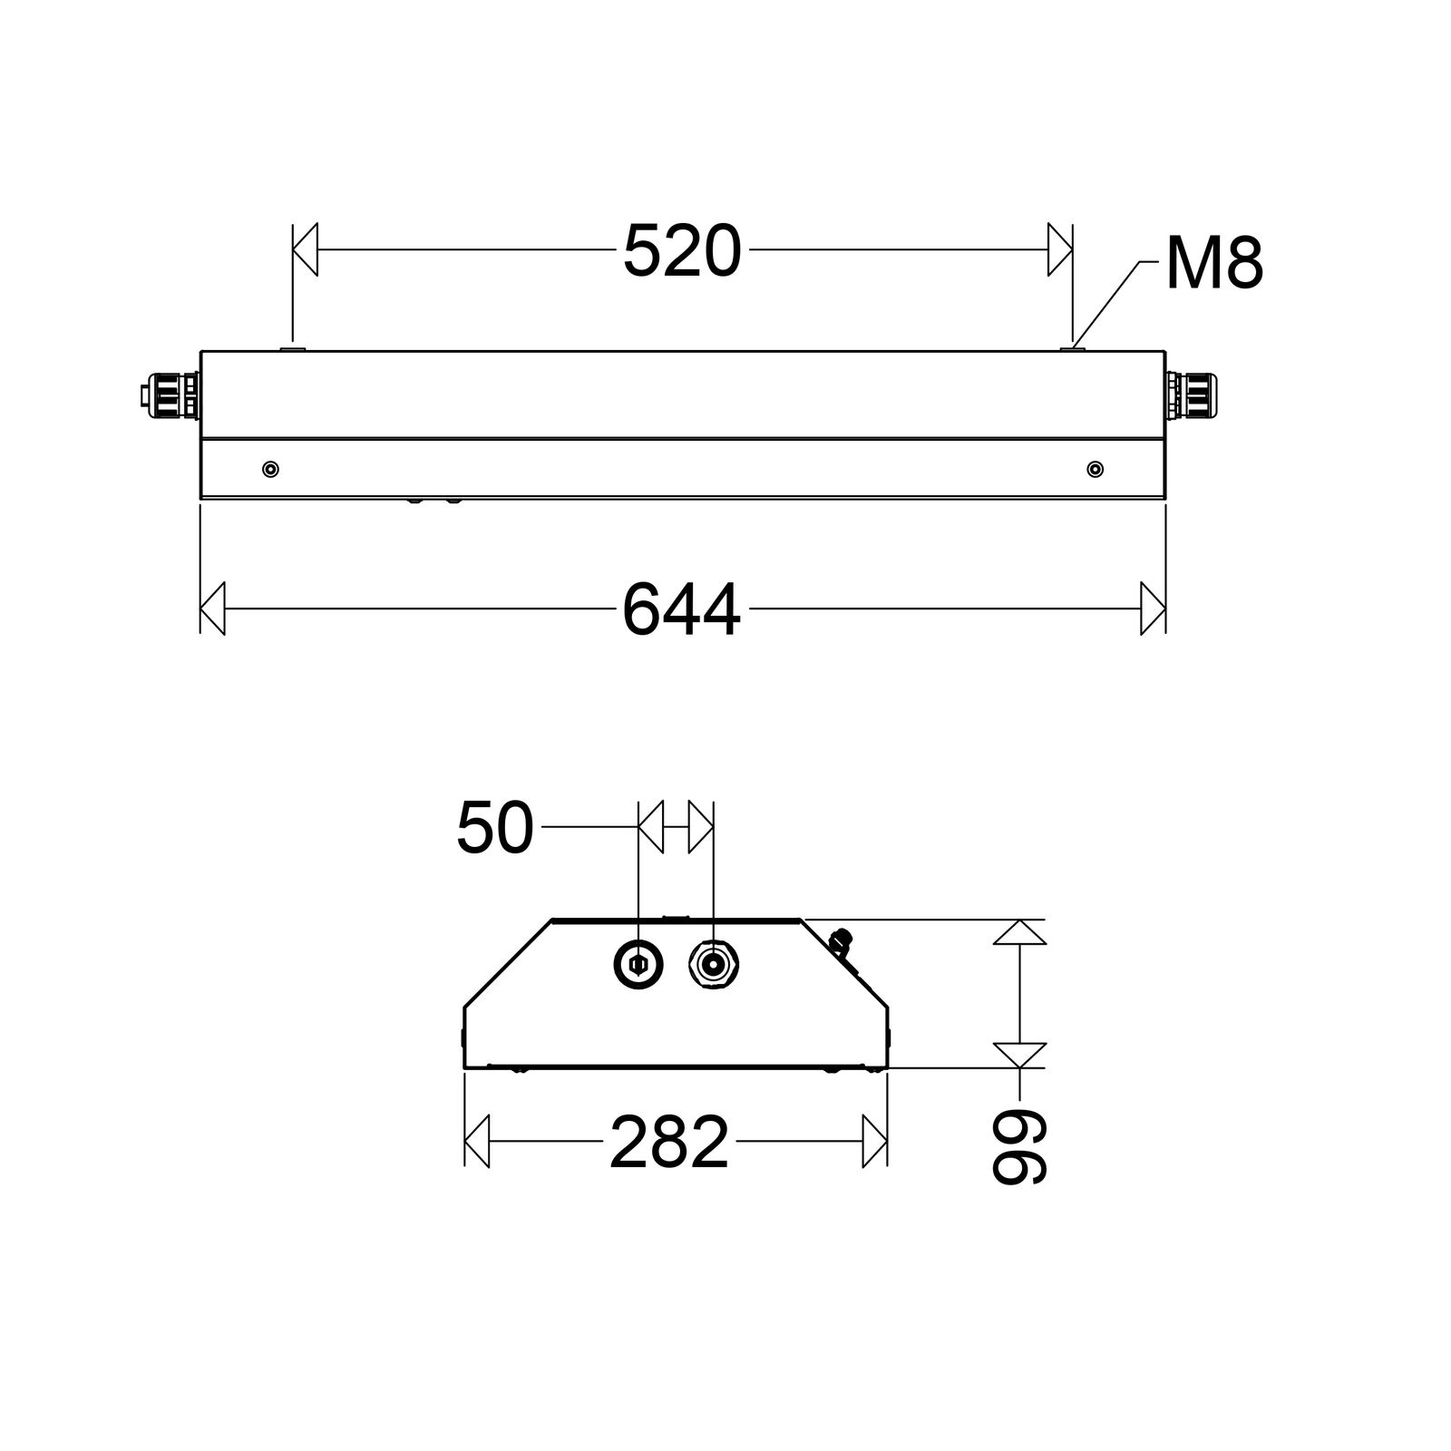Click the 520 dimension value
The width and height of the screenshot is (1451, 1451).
(682, 251)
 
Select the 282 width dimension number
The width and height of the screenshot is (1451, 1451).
(669, 1143)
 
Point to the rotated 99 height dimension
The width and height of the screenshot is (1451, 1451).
(1019, 1148)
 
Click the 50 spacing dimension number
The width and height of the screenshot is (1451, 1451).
(494, 828)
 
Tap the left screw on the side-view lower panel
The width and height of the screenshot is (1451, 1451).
(270, 469)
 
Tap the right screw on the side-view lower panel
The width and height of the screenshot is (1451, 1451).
(1096, 469)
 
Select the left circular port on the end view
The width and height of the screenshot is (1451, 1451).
(638, 964)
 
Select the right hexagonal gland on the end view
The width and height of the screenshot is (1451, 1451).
(714, 964)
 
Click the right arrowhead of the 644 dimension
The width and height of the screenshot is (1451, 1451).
(1153, 609)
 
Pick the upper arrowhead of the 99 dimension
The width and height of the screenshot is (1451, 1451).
(1019, 932)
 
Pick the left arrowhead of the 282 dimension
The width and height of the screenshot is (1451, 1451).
(477, 1142)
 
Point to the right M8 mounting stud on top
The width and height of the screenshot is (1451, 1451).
(1073, 346)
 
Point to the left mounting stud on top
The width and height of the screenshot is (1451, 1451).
(293, 346)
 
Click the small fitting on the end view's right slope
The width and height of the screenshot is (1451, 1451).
(841, 940)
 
